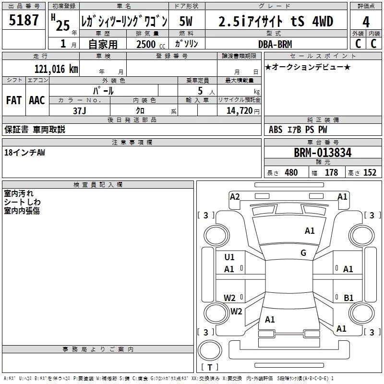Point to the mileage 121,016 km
56,69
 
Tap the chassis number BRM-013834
323,153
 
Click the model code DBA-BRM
275,44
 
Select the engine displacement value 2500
146,44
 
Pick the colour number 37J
80,111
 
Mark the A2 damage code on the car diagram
235,196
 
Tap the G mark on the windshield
303,253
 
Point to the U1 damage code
229,257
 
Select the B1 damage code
348,298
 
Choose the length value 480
291,173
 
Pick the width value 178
331,173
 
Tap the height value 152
369,173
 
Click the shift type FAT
13,100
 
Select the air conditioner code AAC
37,100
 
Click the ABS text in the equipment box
276,130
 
